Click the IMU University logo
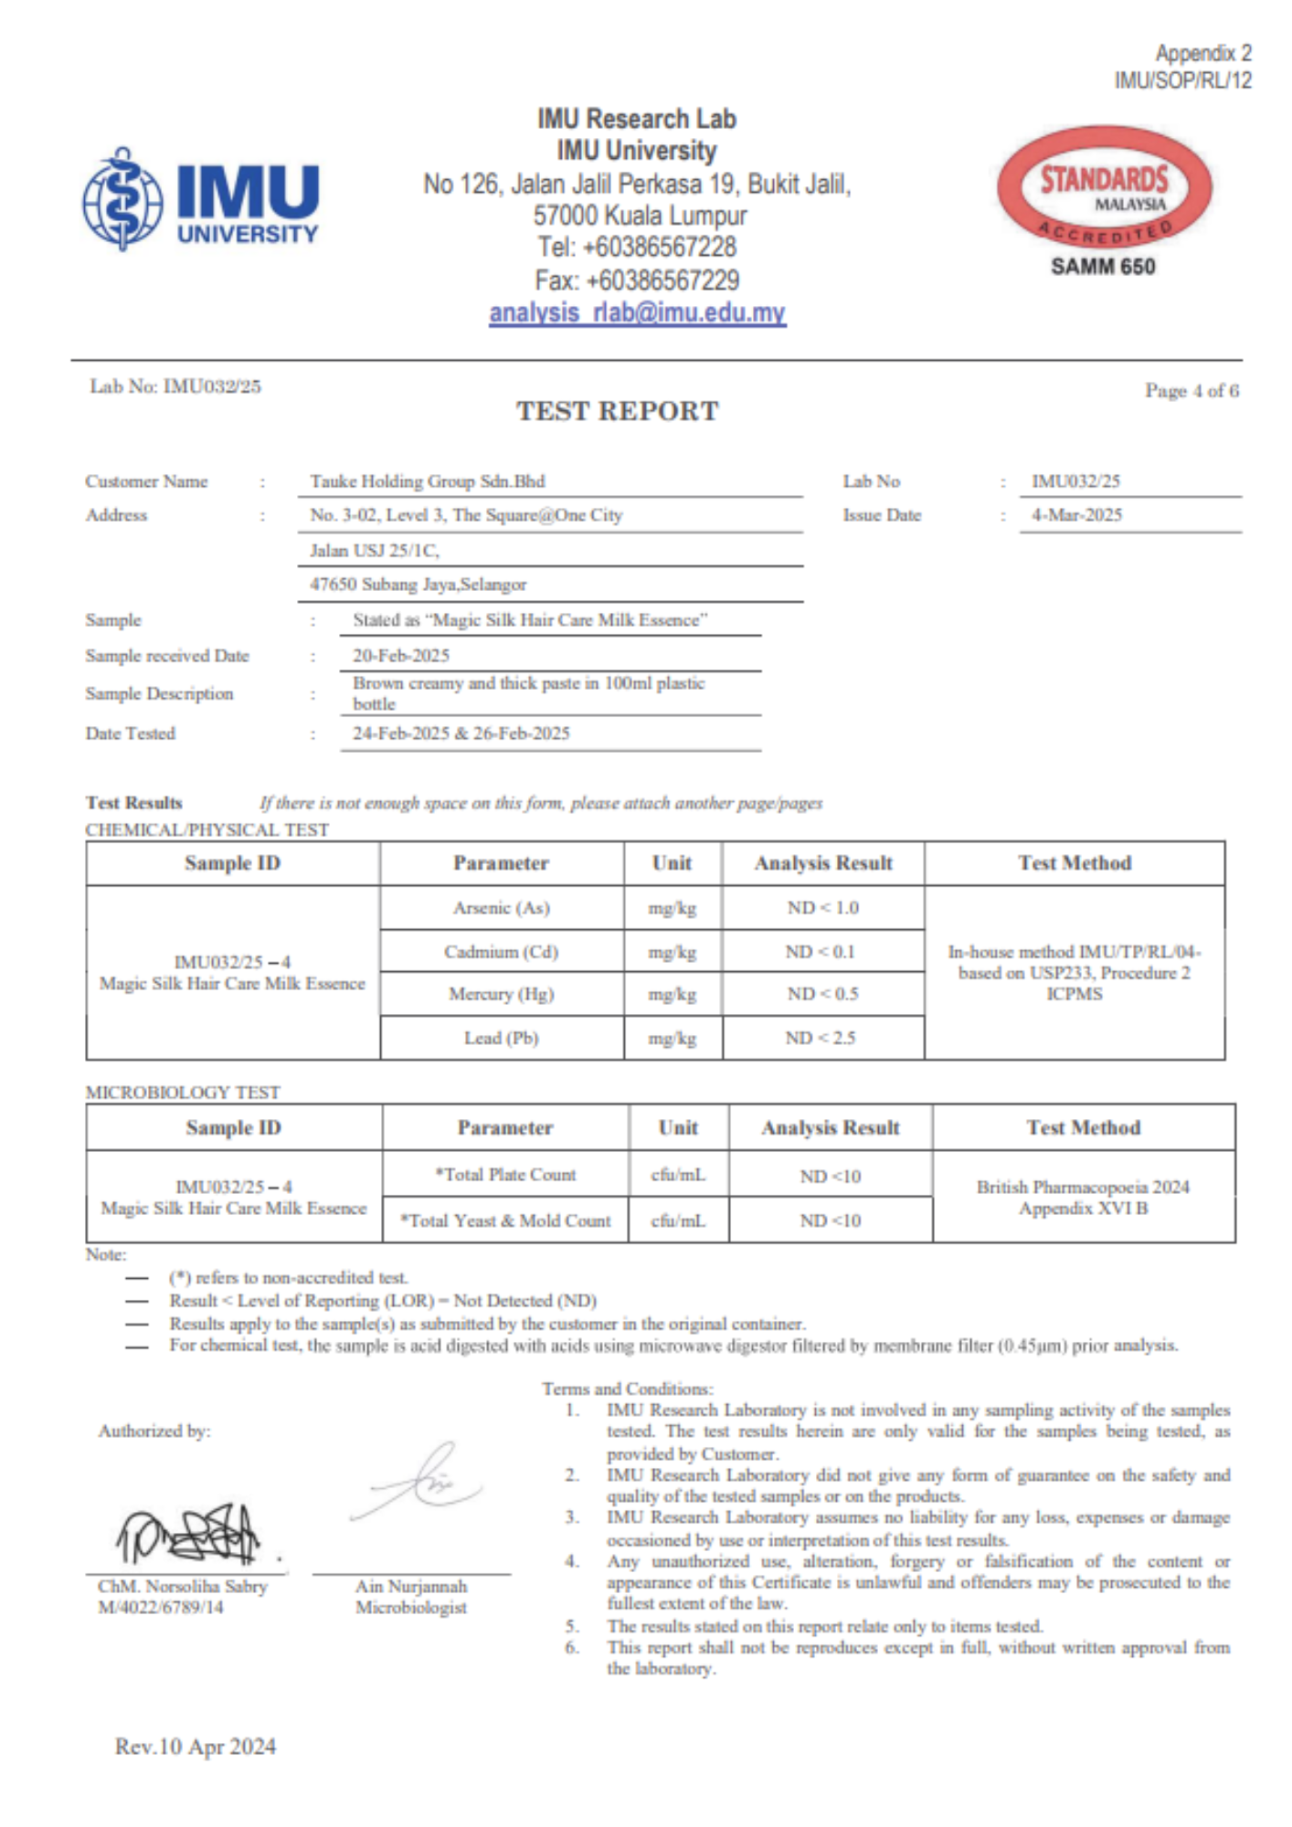(201, 199)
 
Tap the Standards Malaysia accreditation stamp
(1104, 188)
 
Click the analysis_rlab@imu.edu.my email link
(637, 313)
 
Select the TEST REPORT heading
(618, 411)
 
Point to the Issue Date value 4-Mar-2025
(1076, 515)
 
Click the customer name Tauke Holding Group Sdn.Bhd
(427, 481)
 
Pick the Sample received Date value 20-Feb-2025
(401, 656)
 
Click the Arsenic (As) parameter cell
(502, 908)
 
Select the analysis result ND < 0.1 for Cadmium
(821, 952)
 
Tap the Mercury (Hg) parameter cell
(502, 994)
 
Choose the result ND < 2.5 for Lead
(821, 1038)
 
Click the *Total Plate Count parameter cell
(505, 1175)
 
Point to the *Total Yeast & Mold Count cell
(505, 1220)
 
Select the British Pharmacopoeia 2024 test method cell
(1083, 1197)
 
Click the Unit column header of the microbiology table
(678, 1128)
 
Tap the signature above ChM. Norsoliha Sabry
(188, 1533)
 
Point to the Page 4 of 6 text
(1191, 391)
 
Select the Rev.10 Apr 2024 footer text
(196, 1747)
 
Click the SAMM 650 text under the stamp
(1103, 267)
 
